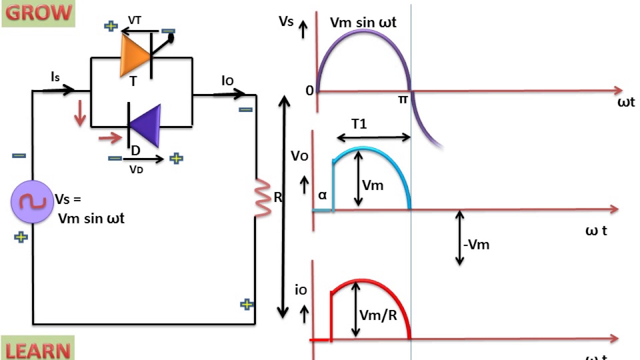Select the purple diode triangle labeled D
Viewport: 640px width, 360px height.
(x=146, y=125)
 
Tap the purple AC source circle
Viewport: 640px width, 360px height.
(x=32, y=201)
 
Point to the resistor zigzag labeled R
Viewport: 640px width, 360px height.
(x=262, y=198)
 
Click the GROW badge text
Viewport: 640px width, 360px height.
(x=38, y=13)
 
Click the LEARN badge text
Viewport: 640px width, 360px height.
(x=38, y=350)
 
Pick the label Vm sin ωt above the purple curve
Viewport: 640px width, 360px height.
(x=363, y=22)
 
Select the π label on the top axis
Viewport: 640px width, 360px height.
(x=402, y=99)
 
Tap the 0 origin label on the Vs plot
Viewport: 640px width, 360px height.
(x=309, y=91)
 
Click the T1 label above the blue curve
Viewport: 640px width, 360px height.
(x=359, y=124)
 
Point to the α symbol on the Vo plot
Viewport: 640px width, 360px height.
(x=322, y=195)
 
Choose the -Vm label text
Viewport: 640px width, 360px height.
(x=476, y=244)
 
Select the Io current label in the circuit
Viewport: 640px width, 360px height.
(x=227, y=80)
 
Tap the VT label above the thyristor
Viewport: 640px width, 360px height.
(x=135, y=20)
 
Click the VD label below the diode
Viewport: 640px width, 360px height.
(x=136, y=169)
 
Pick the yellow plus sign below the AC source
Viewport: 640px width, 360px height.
(x=20, y=237)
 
